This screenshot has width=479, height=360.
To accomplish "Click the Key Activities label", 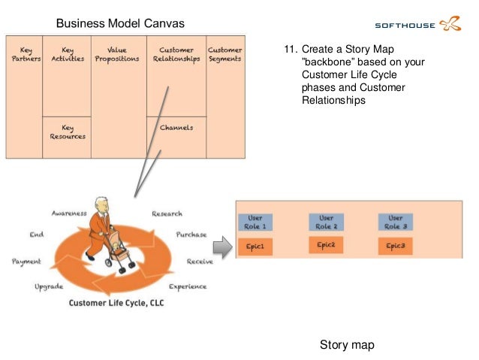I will pos(68,55).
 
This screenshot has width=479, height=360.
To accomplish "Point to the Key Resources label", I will pos(68,132).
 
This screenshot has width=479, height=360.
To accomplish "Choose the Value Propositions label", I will pos(117,55).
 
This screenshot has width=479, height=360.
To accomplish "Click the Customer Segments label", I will pos(224,55).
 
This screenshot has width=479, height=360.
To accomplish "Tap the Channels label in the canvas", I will pos(176,128).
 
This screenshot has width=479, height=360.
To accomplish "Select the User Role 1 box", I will pos(255,222).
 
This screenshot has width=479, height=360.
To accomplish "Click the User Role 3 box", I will pos(395,222).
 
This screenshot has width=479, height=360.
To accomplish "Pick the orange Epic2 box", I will pos(325,245).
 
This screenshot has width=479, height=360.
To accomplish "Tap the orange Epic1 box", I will pos(255,246).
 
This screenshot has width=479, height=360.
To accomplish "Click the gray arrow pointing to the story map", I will pos(221,246).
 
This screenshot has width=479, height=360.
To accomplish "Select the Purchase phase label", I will pos(191,234).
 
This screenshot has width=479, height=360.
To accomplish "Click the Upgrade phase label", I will pos(49,286).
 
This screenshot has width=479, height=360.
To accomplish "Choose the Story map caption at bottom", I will pos(346,345).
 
